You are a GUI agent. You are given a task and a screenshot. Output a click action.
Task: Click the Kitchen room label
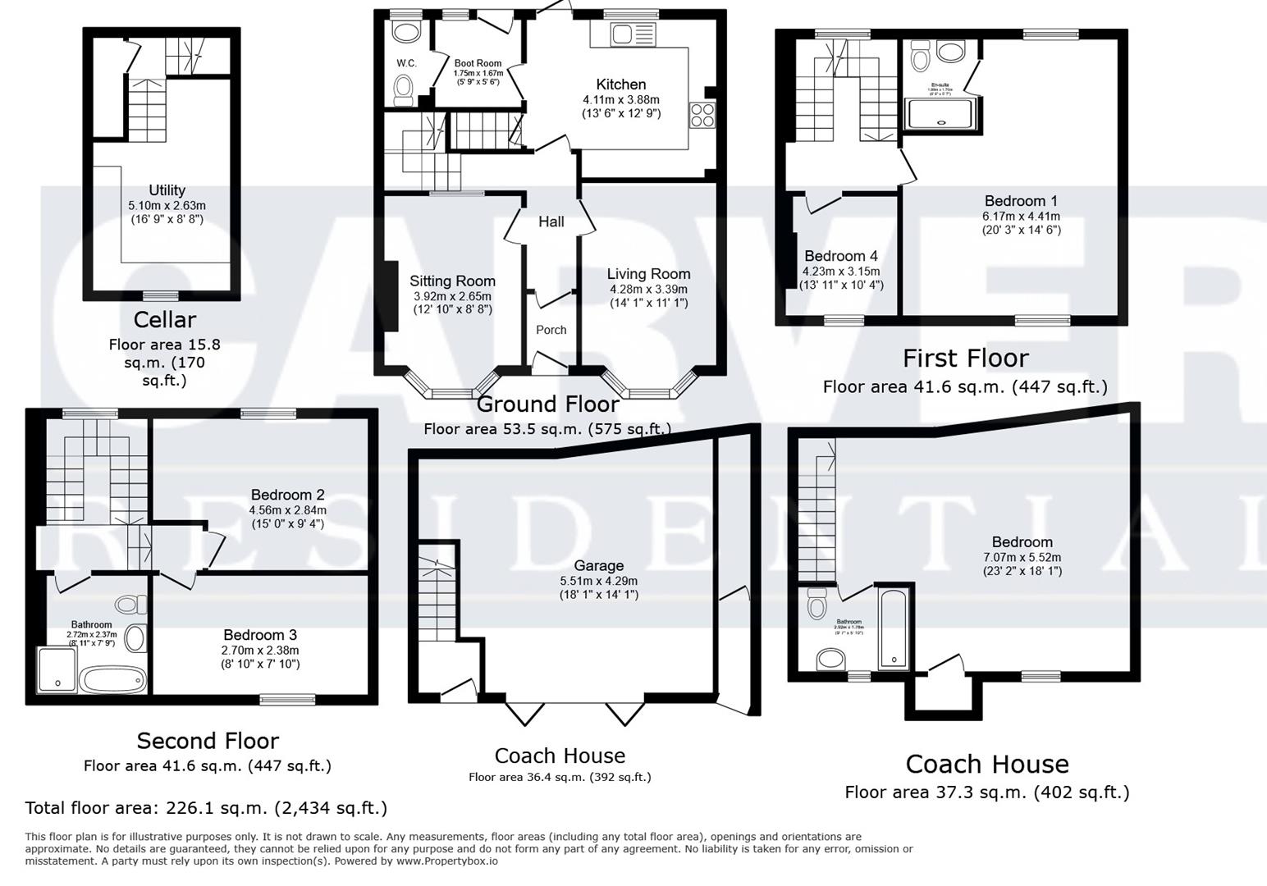point(620,84)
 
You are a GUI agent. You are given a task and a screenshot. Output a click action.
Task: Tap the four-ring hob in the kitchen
point(702,115)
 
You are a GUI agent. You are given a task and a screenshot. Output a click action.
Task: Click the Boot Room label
point(478,63)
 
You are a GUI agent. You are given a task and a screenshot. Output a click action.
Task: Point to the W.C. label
point(406,63)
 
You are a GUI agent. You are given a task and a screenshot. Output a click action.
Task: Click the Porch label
point(551,330)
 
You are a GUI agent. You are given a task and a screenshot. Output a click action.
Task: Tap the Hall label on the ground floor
point(551,221)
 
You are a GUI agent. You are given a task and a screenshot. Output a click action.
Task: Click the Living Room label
point(648,274)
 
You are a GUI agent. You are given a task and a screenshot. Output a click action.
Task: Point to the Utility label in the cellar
point(167,190)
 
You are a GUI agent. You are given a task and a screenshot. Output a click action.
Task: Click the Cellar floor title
point(165,319)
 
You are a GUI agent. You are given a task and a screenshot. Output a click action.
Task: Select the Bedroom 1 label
point(1021,201)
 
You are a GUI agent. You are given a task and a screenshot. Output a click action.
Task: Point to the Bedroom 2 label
point(287,495)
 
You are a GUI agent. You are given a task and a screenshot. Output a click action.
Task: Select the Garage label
point(598,565)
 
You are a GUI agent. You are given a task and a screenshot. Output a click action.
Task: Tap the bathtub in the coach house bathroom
point(893,628)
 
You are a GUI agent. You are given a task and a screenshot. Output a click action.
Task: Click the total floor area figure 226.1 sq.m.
point(205,808)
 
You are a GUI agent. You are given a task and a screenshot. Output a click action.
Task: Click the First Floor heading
point(965,359)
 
